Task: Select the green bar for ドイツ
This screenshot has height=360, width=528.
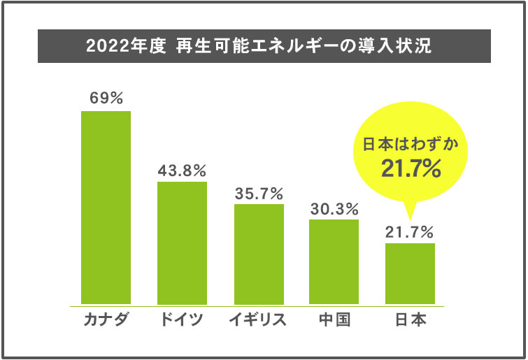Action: pos(182,243)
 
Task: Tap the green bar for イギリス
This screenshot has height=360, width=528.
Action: pos(259,254)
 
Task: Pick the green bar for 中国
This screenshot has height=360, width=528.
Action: pos(334,262)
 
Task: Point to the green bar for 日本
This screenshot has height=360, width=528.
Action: pos(410,273)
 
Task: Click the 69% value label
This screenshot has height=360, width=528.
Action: pos(106,98)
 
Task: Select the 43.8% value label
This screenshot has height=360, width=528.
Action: pos(182,169)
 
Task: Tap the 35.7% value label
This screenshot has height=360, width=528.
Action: pos(259,192)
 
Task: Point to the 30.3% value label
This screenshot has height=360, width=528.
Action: pos(334,208)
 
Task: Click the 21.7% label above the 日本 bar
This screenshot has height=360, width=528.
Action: pos(410,231)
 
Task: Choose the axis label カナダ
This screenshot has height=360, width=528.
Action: pos(106,321)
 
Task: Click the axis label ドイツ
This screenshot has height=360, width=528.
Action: pos(182,321)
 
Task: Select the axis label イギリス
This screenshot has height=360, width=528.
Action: pos(259,321)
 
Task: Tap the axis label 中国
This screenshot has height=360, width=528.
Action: pos(334,321)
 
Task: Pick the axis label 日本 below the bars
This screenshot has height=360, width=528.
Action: pos(410,321)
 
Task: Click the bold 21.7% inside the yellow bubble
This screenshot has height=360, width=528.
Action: pos(411,168)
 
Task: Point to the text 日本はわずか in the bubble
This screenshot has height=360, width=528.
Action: pos(411,145)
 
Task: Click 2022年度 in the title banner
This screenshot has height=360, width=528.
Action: pos(125,47)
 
